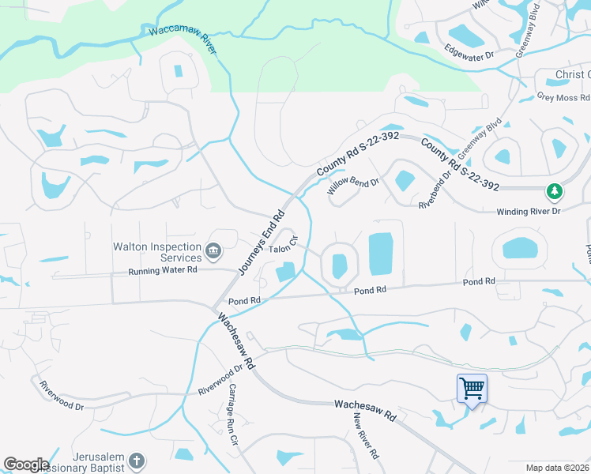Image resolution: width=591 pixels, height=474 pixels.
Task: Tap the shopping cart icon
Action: point(472,388)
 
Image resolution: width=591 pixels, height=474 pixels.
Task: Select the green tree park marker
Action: point(555,191)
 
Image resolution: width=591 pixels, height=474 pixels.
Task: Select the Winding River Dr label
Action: point(528,212)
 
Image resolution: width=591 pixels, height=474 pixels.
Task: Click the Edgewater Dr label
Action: point(469,56)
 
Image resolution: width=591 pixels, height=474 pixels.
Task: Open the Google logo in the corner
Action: point(25,465)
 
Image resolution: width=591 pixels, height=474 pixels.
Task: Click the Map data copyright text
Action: point(556,468)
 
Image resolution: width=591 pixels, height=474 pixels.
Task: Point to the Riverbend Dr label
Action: point(435,190)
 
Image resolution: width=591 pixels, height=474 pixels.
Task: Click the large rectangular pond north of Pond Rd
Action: point(381,254)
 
